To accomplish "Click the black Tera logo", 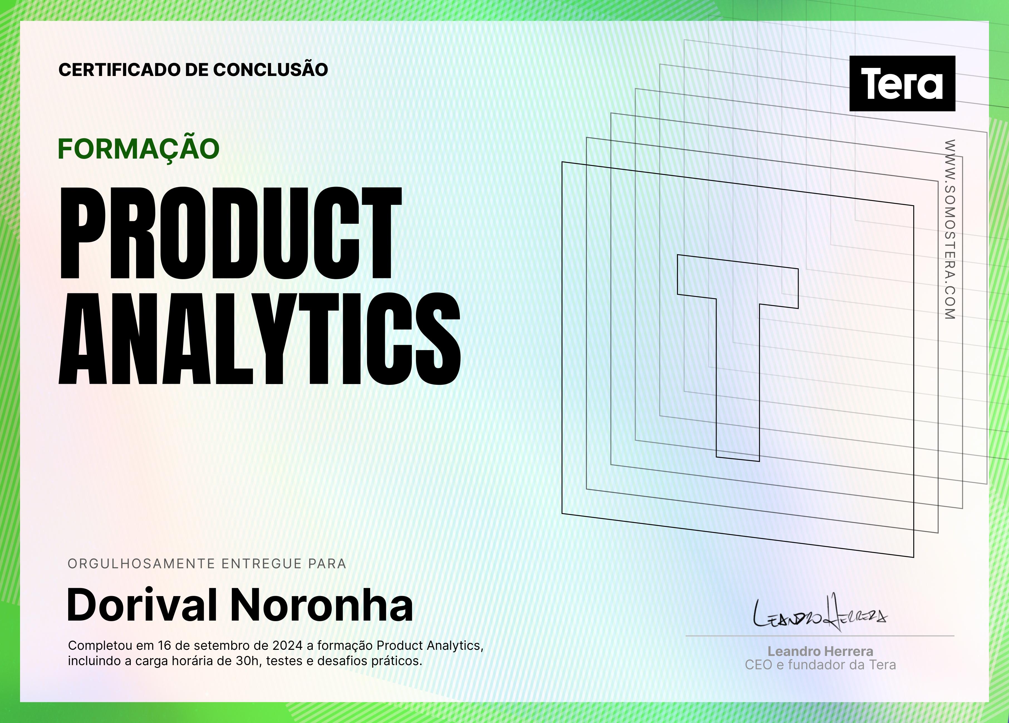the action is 902,83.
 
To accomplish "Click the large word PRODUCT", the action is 231,233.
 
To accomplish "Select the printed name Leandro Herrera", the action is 820,651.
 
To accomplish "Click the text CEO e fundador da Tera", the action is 820,665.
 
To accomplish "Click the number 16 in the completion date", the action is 165,646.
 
